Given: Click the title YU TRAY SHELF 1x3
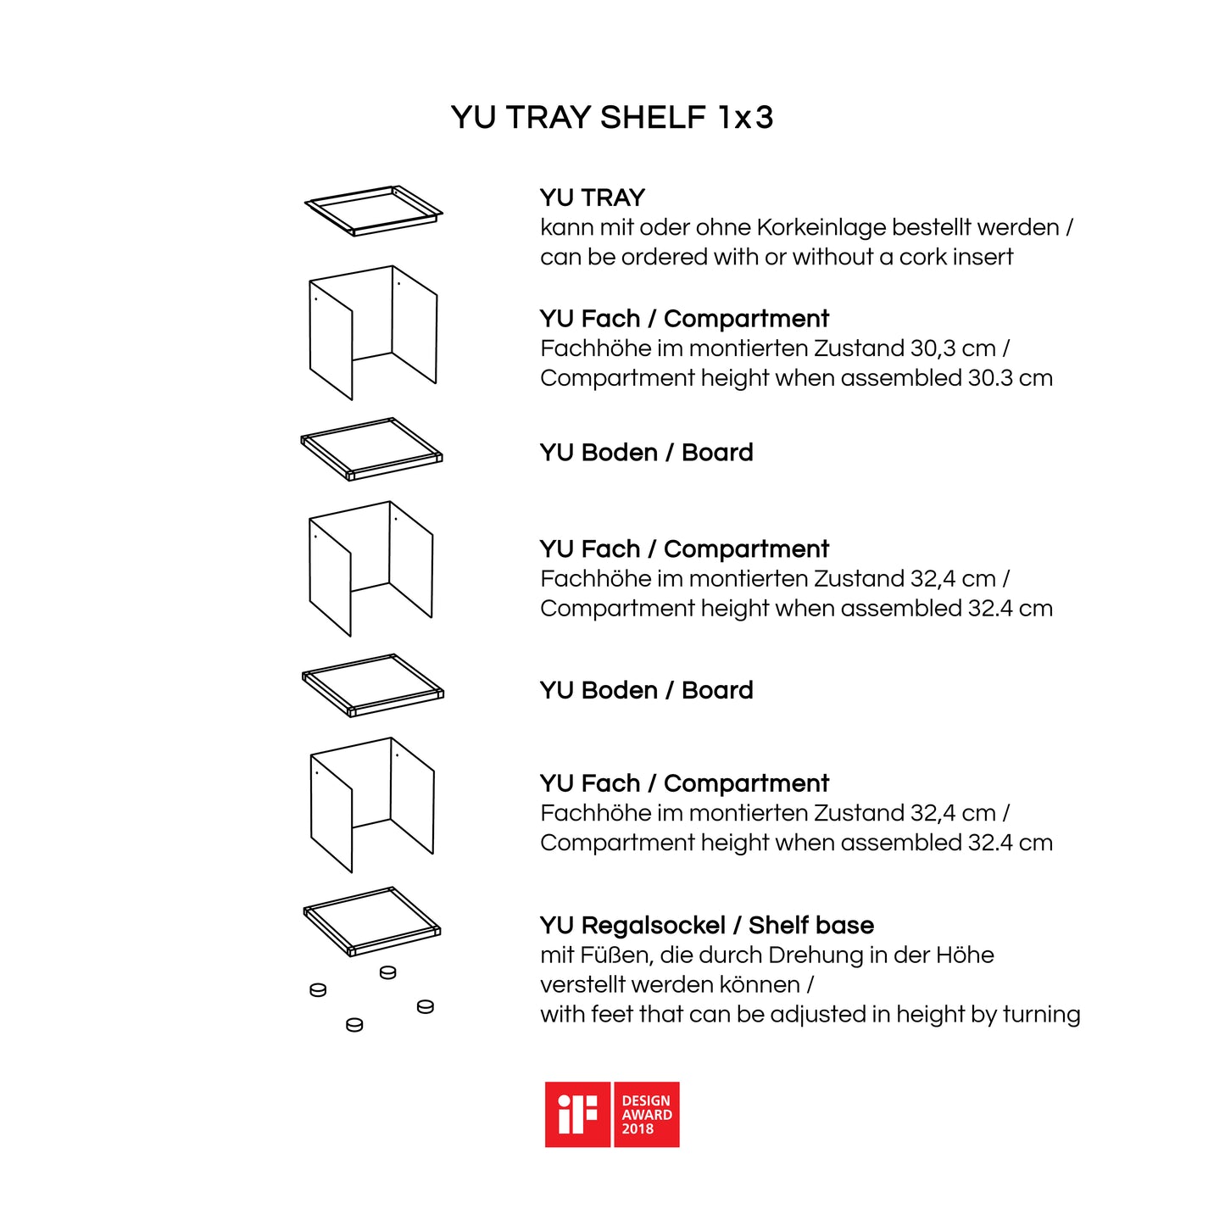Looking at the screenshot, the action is click(x=611, y=117).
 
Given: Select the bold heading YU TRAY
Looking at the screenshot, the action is click(x=593, y=198).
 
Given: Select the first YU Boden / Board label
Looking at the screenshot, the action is click(x=647, y=453).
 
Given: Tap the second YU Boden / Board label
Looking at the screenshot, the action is click(x=647, y=690).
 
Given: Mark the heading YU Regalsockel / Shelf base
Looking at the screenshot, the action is click(x=707, y=926).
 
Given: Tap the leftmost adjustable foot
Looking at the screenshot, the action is click(x=318, y=990).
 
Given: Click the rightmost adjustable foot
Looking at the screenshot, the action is click(x=426, y=1006).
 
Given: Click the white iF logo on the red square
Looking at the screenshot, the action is click(x=577, y=1115).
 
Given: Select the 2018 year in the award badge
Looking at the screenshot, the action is click(x=638, y=1129).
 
